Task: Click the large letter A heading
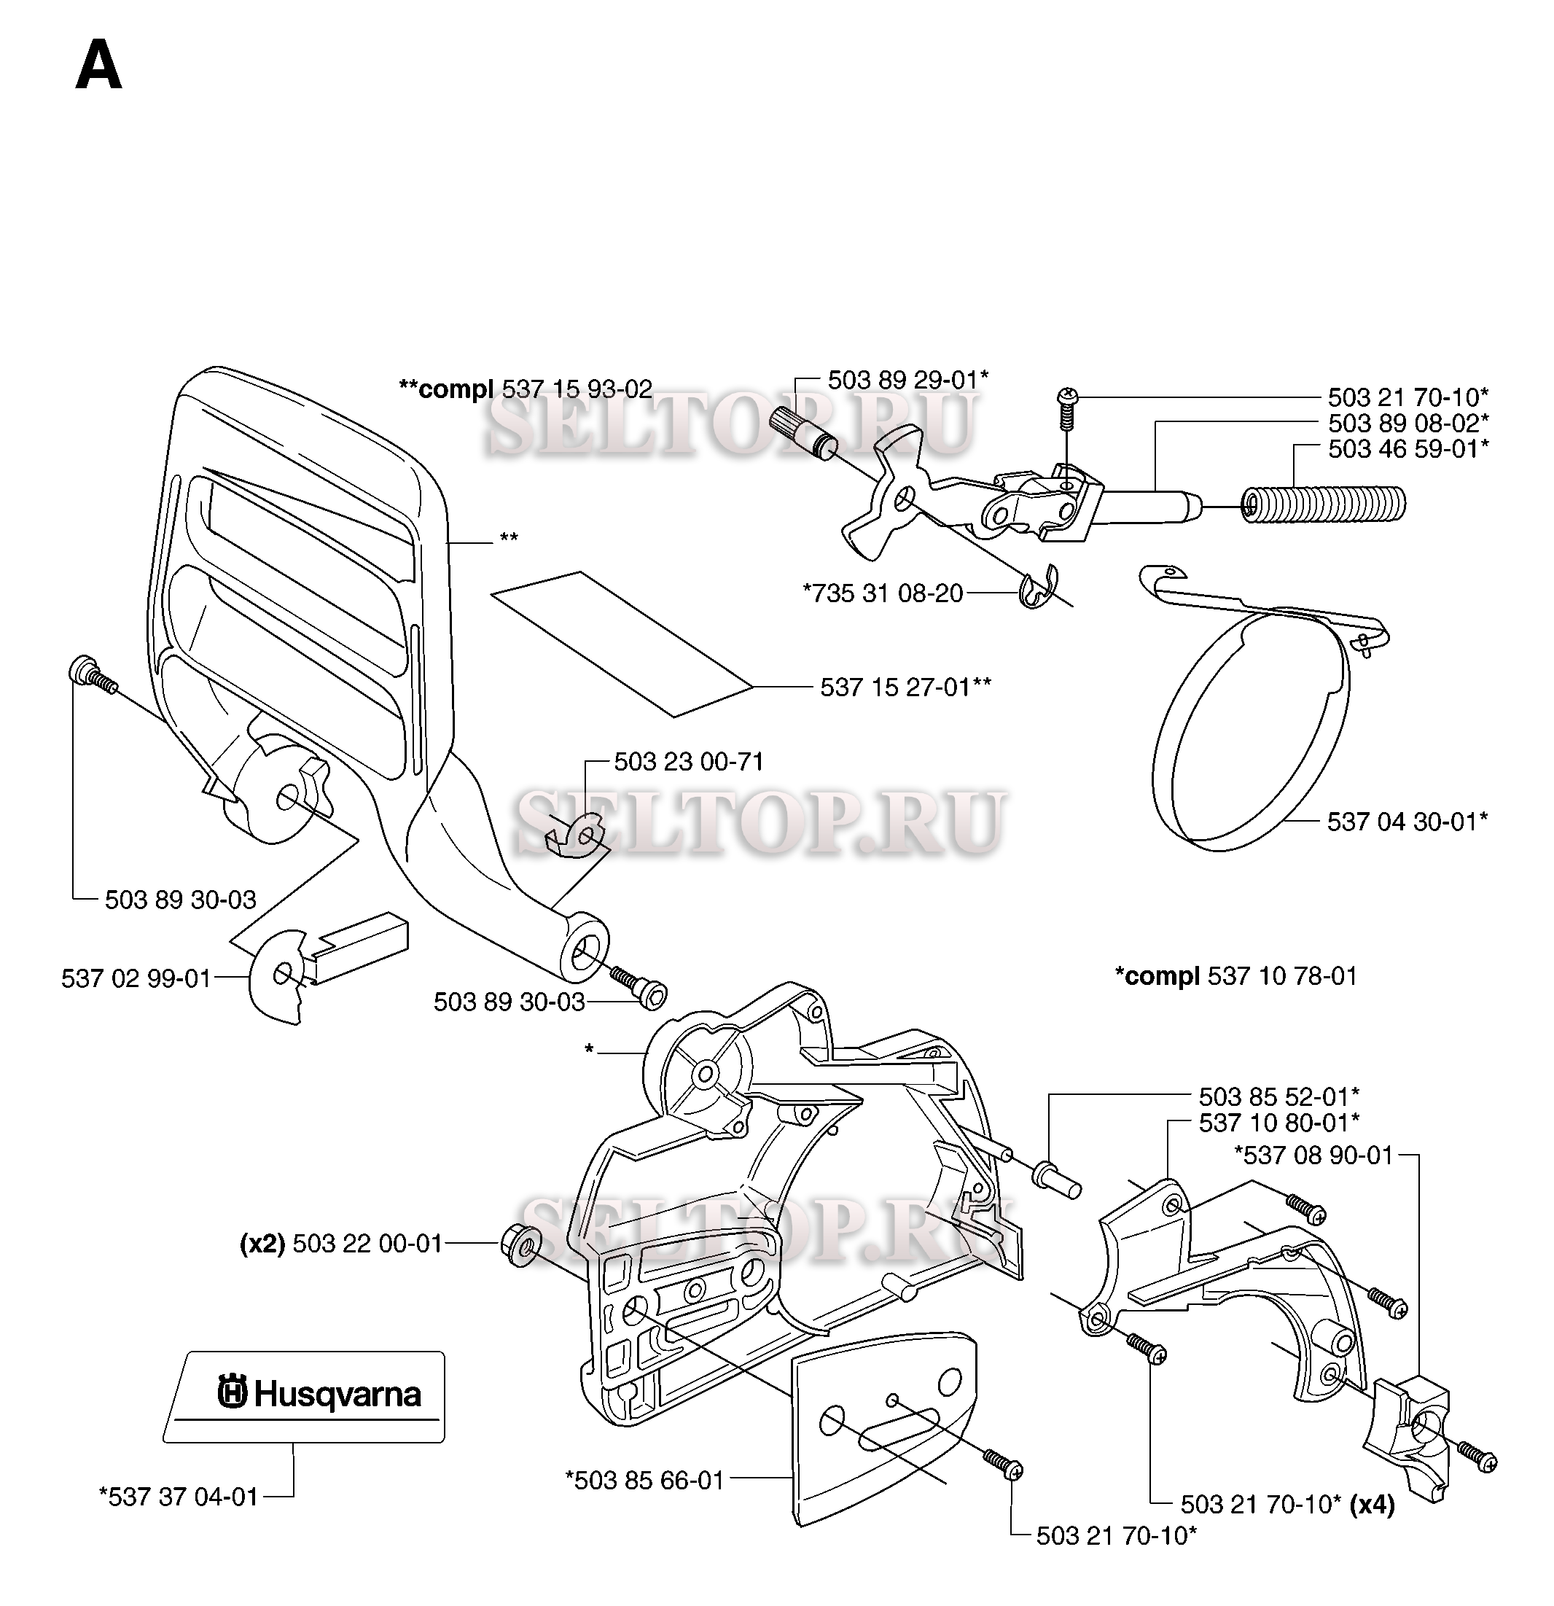[98, 67]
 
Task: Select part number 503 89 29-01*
[907, 381]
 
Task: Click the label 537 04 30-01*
[1407, 821]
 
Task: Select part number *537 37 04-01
[178, 1496]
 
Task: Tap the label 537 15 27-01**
[905, 687]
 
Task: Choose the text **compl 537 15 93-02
[525, 389]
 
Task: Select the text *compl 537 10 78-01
[1236, 976]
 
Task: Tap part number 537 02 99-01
[136, 978]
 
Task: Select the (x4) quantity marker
[1371, 1505]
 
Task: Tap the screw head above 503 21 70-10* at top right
[1067, 399]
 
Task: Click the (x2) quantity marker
[262, 1244]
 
